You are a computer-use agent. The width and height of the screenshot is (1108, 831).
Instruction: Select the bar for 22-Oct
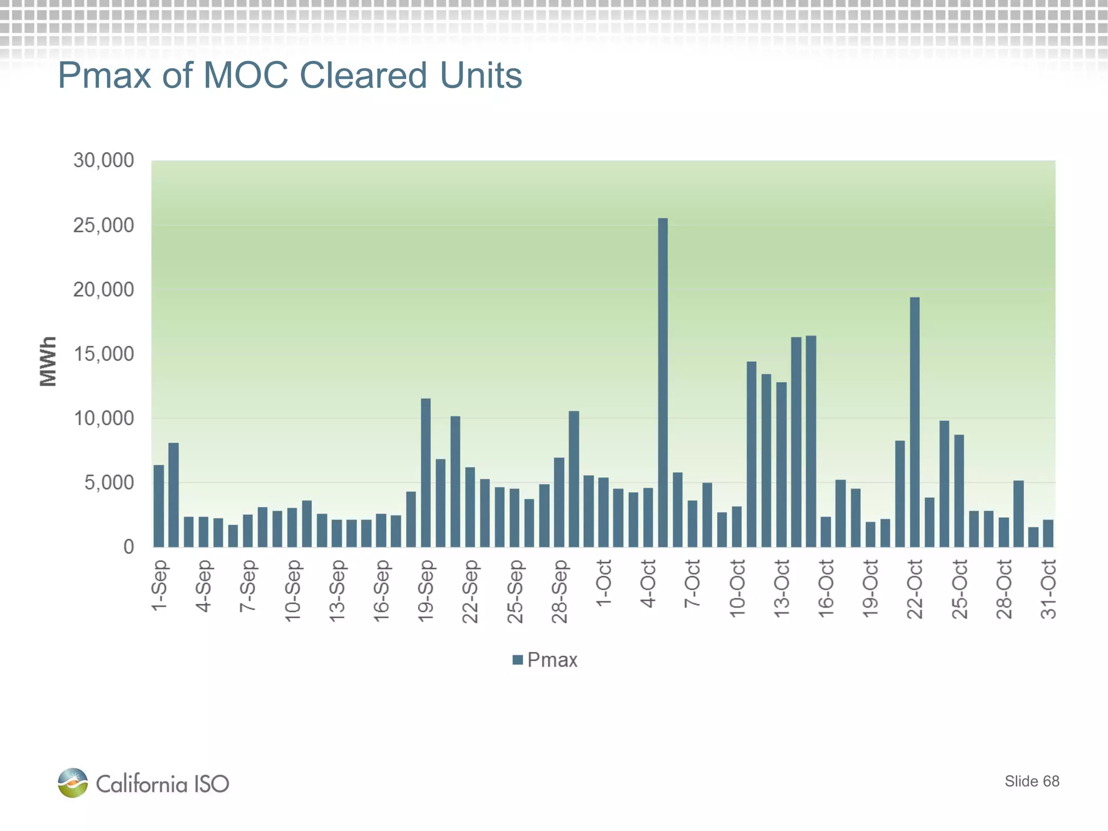[914, 422]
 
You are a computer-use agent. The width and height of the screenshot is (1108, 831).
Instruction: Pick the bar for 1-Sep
[159, 506]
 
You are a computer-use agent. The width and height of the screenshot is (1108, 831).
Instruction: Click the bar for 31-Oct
[1048, 533]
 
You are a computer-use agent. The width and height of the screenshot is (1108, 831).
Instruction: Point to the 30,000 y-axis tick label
[103, 161]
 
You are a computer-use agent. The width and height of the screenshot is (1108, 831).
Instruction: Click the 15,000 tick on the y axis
[103, 354]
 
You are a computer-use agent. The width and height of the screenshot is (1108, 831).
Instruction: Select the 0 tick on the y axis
[128, 546]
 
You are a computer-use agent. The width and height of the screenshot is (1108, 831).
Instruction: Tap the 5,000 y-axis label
[109, 483]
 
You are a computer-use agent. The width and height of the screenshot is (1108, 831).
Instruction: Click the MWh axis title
[48, 361]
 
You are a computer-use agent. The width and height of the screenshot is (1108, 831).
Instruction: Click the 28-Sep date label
[559, 591]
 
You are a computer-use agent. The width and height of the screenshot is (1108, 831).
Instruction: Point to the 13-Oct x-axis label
[781, 588]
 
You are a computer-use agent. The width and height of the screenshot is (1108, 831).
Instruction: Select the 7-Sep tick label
[247, 585]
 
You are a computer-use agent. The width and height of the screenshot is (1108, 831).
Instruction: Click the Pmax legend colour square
[517, 659]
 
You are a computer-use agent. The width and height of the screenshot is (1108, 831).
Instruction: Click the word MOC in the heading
[246, 75]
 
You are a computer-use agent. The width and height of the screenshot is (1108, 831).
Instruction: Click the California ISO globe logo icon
[72, 782]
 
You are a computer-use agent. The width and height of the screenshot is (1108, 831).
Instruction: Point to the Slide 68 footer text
[1032, 781]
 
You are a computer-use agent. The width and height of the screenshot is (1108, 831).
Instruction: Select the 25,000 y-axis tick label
[103, 225]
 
